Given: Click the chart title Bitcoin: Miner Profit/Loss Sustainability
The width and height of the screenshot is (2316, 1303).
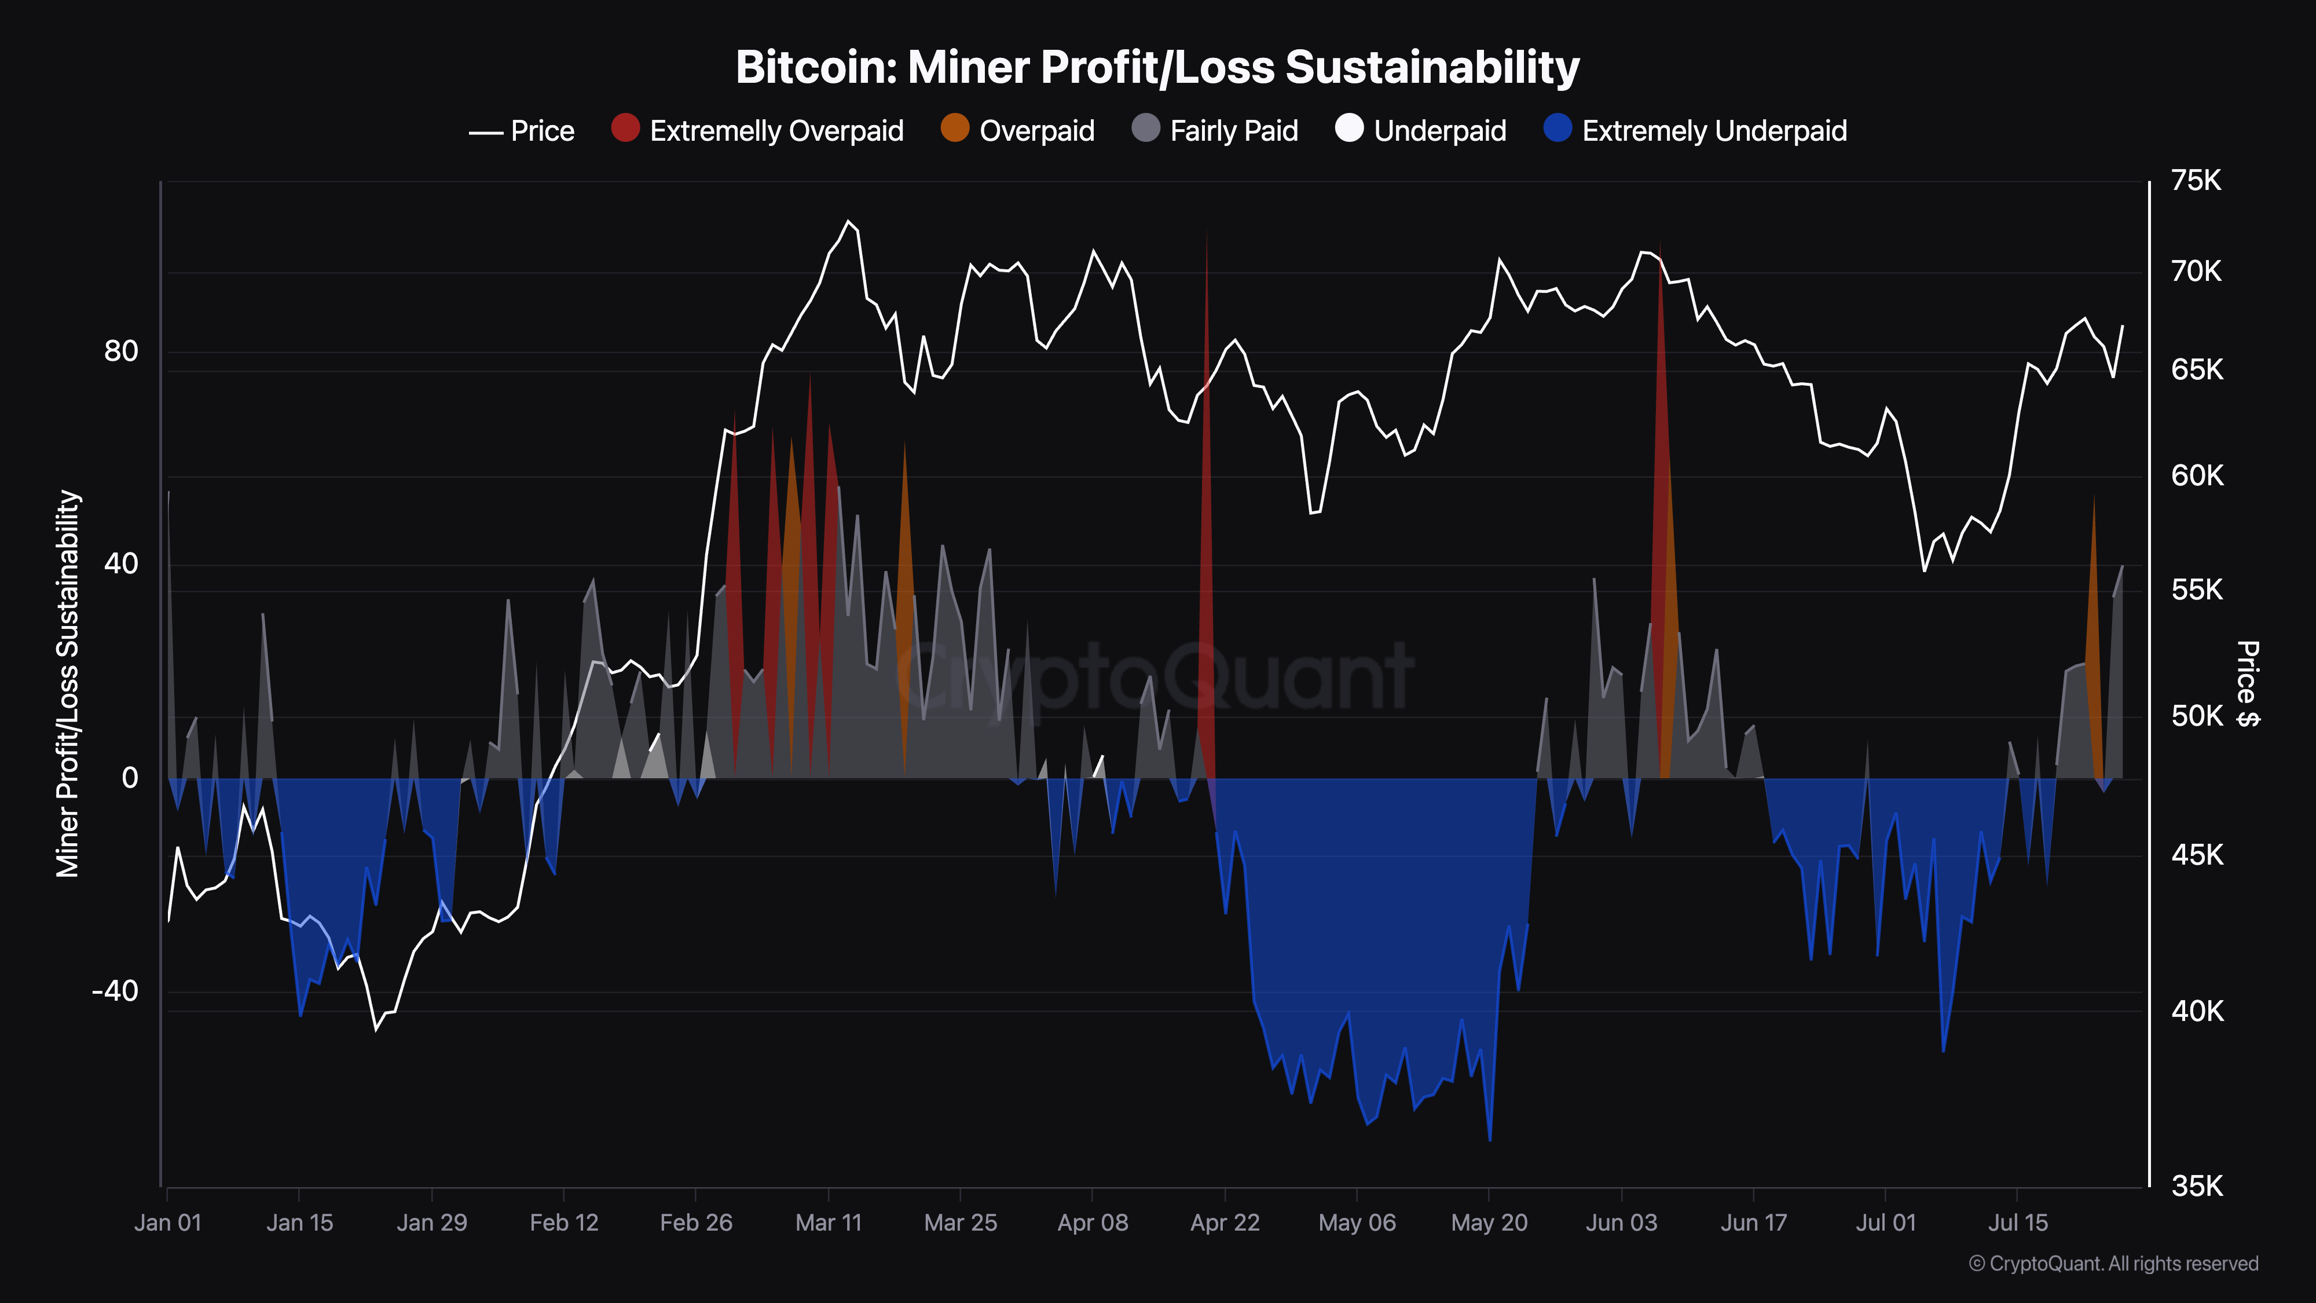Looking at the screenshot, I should click(x=1157, y=67).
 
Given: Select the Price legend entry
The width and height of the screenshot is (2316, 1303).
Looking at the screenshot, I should click(x=522, y=131).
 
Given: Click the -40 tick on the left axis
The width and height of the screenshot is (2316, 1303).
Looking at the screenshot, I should click(x=115, y=991).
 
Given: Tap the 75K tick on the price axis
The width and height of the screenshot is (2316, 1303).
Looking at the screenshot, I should click(x=2196, y=181).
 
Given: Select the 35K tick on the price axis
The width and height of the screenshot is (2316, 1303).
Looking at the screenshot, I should click(x=2196, y=1186).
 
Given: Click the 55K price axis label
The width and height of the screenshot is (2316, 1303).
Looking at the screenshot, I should click(x=2196, y=590).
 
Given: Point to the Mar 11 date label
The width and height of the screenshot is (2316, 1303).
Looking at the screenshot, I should click(x=828, y=1223).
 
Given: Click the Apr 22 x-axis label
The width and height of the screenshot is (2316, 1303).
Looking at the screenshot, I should click(x=1225, y=1223).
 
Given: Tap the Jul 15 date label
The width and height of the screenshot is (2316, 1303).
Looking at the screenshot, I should click(x=2017, y=1223).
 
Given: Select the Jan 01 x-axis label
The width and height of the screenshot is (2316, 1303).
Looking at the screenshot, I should click(x=168, y=1223).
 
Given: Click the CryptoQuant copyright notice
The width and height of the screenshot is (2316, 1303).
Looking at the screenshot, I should click(x=2113, y=1264).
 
